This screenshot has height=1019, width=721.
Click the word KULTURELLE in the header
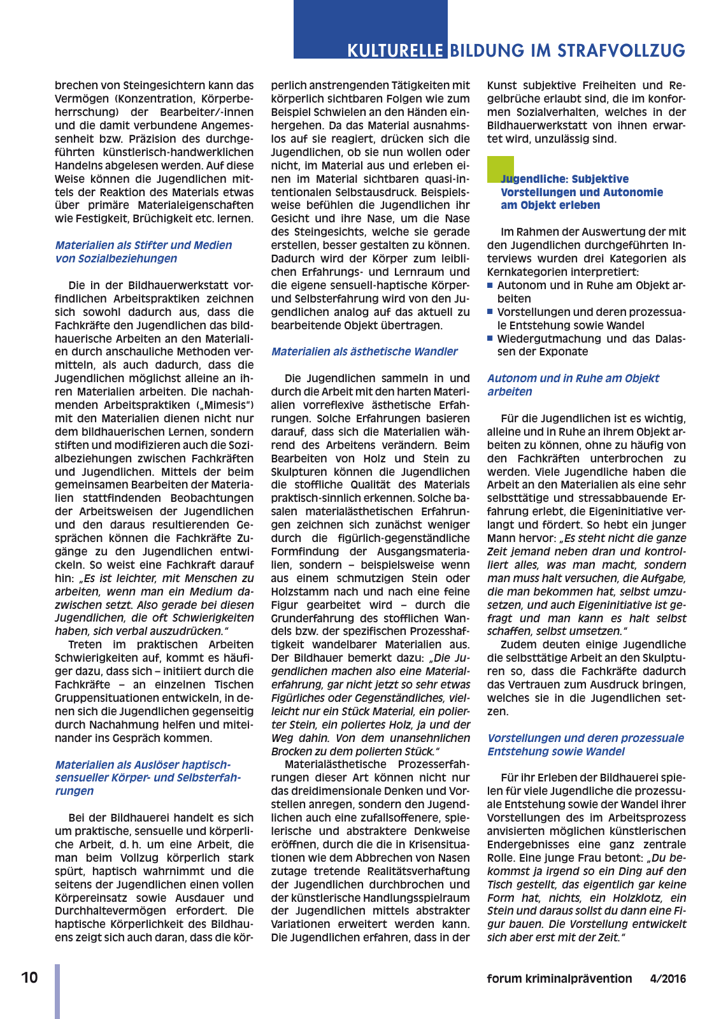pos(395,50)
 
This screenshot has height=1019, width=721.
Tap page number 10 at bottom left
pos(29,978)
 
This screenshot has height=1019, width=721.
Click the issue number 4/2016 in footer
pos(667,979)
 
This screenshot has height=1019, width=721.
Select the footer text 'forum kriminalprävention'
pos(559,979)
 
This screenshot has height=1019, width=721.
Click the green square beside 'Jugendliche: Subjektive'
pos(500,169)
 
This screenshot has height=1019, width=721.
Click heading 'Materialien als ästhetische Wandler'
pos(364,352)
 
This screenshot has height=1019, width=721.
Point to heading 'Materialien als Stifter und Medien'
pos(143,245)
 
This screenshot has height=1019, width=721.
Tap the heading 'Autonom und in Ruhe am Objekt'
pos(573,378)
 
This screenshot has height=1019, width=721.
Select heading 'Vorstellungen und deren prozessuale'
pos(585,738)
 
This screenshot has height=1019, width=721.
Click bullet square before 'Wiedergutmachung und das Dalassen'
pos(490,338)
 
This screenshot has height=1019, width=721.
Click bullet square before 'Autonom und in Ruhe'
pos(490,285)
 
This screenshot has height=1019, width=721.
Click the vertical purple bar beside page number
pos(57,990)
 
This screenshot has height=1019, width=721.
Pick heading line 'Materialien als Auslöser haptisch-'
pos(143,765)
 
